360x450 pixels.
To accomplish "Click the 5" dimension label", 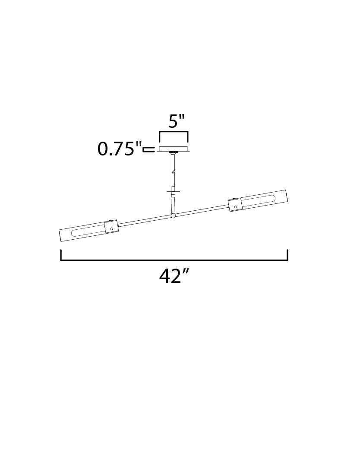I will point(176,121).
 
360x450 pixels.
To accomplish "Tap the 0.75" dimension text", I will point(120,149).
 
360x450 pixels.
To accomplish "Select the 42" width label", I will point(174,276).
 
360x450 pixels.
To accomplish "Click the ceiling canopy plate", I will point(174,149).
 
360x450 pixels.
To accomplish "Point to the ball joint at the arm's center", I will point(173,215).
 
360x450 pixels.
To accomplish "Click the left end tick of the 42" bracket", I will point(61,255).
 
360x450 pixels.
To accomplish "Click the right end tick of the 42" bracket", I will point(287,255).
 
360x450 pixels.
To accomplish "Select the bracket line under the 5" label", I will point(174,132).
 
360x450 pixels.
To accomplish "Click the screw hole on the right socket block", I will point(235,207).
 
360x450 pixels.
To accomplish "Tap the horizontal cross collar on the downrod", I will point(173,191).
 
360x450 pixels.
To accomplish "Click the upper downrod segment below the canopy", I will point(173,163).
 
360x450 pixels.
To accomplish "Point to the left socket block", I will point(111,227).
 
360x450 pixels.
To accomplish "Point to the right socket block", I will point(235,204).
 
